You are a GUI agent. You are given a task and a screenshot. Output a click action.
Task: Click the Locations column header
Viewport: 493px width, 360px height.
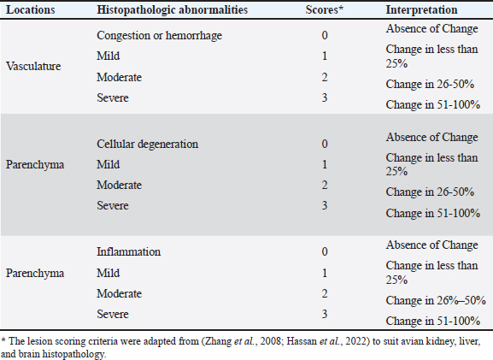[x=31, y=9]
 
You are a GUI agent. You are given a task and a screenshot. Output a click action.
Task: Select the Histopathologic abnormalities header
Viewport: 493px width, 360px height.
[x=172, y=9]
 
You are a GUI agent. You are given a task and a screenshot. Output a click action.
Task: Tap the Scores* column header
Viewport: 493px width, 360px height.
[x=324, y=9]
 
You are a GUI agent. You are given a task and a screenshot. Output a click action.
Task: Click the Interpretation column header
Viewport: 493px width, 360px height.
[x=421, y=9]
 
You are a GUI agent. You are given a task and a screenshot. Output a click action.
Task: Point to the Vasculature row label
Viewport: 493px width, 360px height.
[x=33, y=66]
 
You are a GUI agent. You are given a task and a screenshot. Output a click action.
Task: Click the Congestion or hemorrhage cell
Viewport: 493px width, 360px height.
[x=160, y=35]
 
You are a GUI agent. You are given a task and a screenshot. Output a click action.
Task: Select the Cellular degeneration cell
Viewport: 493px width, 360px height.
[x=148, y=144]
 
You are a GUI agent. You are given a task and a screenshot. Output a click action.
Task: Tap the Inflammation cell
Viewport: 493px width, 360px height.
[x=129, y=251]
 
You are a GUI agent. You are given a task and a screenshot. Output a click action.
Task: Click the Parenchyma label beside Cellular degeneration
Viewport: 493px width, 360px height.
[x=35, y=164]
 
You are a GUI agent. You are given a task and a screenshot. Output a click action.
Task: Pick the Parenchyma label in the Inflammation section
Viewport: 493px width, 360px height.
[x=35, y=273]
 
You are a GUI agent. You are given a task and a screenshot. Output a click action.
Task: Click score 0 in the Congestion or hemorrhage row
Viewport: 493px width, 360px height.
[x=325, y=35]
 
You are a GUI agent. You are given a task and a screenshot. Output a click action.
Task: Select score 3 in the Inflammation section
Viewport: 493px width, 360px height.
[x=325, y=314]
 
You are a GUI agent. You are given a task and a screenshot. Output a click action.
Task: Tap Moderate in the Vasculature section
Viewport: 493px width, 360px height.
[x=119, y=77]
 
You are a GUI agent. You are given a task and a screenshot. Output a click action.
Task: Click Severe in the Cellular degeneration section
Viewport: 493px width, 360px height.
[x=113, y=205]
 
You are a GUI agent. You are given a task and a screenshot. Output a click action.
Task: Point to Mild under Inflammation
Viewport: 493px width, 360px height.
[x=109, y=273]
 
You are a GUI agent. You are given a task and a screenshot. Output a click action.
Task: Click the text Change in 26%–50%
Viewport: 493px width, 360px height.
[x=436, y=300]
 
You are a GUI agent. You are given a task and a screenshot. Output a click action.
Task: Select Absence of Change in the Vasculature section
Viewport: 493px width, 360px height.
[x=432, y=28]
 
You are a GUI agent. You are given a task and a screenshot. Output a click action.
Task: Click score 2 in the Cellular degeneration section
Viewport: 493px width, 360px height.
[x=325, y=185]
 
